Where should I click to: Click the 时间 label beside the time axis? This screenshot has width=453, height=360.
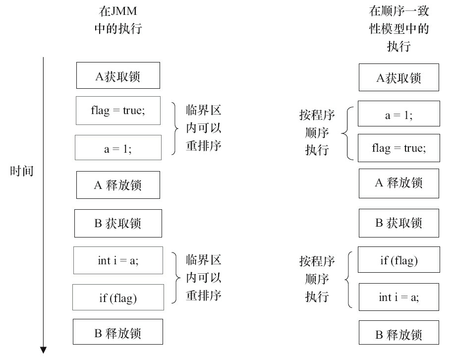click(22, 172)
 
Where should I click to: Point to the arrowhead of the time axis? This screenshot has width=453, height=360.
click(44, 350)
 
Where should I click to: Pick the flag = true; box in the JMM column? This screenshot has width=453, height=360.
click(118, 111)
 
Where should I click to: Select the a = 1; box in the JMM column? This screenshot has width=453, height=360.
click(118, 148)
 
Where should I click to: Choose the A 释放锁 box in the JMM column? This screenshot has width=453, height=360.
click(118, 185)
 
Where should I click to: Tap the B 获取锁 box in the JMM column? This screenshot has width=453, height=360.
click(118, 223)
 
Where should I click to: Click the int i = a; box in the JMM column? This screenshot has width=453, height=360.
click(118, 260)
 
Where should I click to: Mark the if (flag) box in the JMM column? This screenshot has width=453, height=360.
click(118, 298)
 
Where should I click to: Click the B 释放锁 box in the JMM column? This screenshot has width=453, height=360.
click(118, 333)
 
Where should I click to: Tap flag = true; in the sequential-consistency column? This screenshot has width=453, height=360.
click(398, 148)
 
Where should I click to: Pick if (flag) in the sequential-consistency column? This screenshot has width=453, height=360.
click(398, 260)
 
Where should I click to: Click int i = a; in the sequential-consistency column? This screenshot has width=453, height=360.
click(398, 297)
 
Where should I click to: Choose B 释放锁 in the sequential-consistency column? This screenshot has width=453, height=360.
click(398, 335)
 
